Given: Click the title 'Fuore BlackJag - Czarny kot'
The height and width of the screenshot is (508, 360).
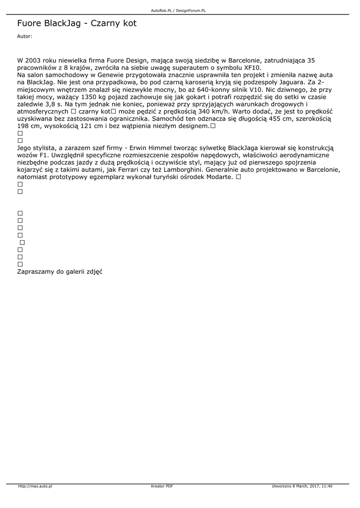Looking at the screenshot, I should (76, 23).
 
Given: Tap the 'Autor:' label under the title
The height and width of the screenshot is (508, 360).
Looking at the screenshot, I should (24, 36).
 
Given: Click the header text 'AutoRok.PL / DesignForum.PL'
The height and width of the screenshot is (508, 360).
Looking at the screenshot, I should (178, 10).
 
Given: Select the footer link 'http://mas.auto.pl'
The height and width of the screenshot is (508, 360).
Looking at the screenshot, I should (35, 486).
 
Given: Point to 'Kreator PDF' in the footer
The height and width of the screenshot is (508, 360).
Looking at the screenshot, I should (162, 486).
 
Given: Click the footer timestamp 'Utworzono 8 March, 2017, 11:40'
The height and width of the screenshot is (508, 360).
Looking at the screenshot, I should (302, 486).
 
